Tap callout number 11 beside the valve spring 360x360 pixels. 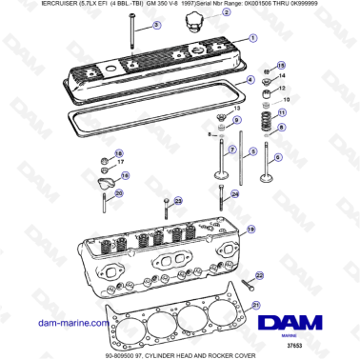tap(281, 113)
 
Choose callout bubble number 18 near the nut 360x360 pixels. tap(118, 154)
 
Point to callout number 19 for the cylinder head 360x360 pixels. tap(251, 230)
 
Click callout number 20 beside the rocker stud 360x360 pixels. tap(118, 194)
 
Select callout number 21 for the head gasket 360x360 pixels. tap(256, 304)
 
